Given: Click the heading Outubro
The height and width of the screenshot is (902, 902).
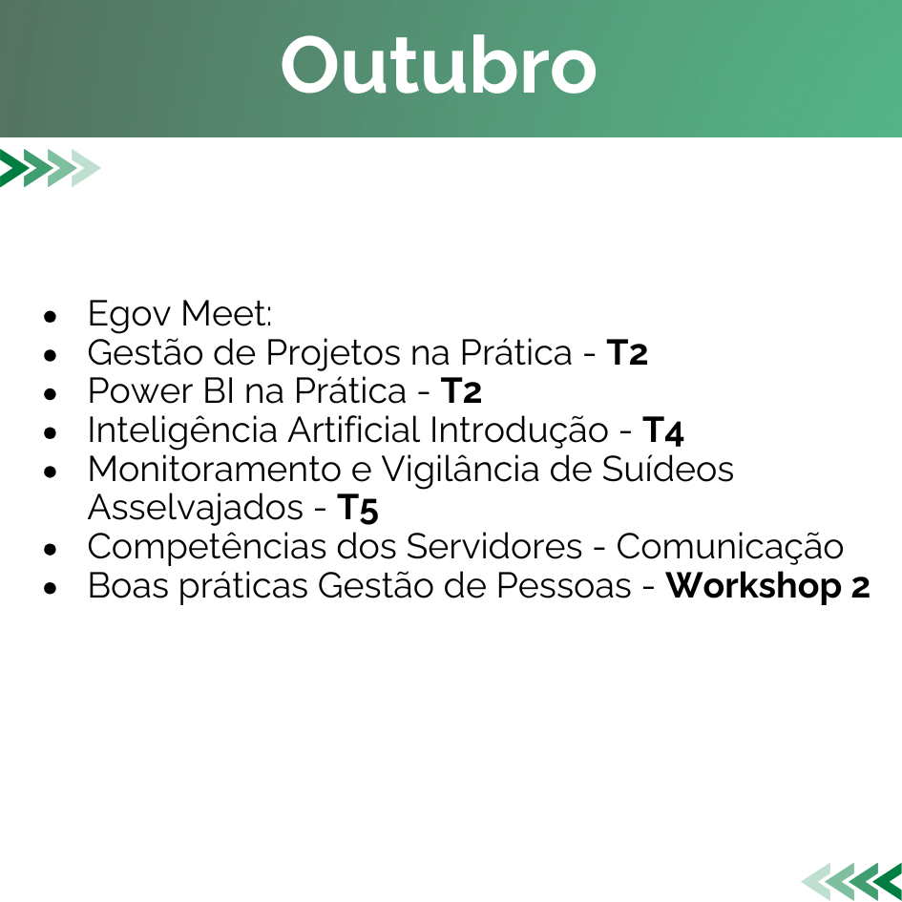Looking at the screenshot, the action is point(438,65).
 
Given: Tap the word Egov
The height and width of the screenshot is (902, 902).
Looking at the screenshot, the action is point(130,315).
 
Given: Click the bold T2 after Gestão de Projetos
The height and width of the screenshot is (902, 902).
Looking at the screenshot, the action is point(627,352).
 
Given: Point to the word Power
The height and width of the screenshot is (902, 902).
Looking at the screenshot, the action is point(140,391).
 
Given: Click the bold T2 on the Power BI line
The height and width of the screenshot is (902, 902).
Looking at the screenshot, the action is point(461,391).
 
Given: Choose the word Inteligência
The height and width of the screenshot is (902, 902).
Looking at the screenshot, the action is point(182,430).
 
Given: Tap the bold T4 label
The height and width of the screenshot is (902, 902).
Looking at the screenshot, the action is point(663,430).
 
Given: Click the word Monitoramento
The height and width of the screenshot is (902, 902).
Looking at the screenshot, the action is point(215,470).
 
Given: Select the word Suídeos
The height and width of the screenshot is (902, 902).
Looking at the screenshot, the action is point(668,469).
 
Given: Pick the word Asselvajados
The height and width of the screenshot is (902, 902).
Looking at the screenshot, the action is point(196,509).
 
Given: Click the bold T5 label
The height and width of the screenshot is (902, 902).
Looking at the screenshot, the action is point(358,509).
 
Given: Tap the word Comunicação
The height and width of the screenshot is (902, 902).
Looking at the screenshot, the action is point(730,548).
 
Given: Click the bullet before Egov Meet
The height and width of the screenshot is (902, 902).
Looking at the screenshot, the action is point(51,316).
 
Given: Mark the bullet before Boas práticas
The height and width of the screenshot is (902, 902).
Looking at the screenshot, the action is point(51,588).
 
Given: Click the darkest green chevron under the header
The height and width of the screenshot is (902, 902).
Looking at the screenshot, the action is point(12,168).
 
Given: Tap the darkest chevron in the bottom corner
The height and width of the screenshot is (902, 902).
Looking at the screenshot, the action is point(889,881).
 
